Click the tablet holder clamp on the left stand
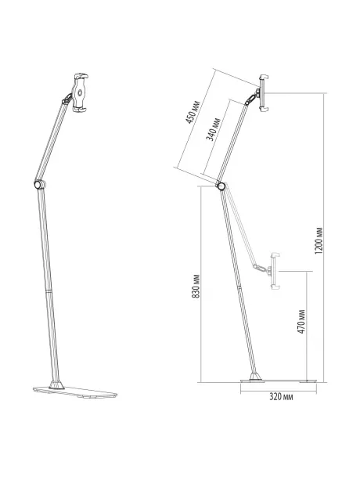click(x=81, y=92)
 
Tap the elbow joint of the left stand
click(x=38, y=184)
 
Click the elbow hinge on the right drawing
click(x=221, y=186)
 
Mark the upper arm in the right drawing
click(x=236, y=141)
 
